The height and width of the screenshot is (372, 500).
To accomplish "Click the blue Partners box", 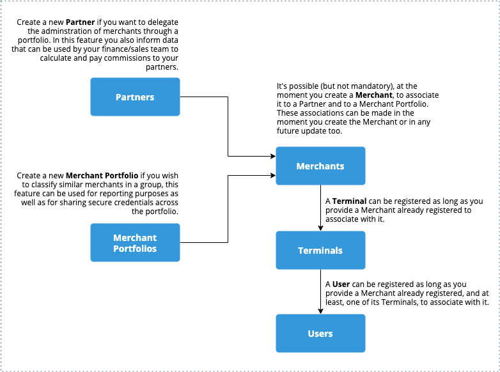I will (x=135, y=97).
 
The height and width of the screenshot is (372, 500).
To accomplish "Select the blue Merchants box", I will (x=320, y=166).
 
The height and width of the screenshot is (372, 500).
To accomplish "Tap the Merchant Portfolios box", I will (x=135, y=243).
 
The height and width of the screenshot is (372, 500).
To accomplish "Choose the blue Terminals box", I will (x=320, y=251).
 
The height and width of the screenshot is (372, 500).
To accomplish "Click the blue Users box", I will (x=320, y=334).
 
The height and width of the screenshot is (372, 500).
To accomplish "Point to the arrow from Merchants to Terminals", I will (x=320, y=208).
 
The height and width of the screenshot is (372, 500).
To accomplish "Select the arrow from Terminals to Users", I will (x=320, y=292).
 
